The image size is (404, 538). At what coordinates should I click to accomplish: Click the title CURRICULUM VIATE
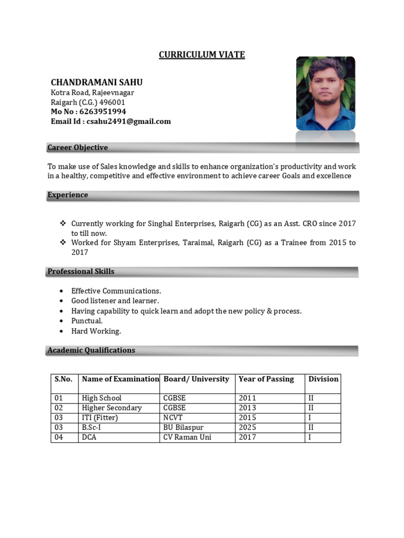pos(202,55)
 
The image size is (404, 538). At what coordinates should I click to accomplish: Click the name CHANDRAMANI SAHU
pos(96,82)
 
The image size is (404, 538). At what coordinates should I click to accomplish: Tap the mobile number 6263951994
pos(103,112)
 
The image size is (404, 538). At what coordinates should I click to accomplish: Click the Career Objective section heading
pos(77,148)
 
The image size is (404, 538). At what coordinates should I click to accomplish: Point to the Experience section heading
pos(68,195)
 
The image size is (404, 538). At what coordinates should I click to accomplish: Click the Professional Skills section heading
pos(80,272)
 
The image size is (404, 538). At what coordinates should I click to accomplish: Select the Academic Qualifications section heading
pos(91,350)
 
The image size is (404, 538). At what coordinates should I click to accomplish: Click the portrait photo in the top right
pos(325,93)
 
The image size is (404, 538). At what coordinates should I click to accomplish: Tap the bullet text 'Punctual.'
pos(87,321)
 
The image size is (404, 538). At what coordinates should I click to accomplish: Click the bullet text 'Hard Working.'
pos(96,332)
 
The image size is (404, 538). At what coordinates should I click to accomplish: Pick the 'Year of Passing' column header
pos(266,379)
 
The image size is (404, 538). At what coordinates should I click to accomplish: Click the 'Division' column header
pos(323,379)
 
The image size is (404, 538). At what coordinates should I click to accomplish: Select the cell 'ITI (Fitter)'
pos(100,418)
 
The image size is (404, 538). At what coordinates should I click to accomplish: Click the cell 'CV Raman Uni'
pos(187,437)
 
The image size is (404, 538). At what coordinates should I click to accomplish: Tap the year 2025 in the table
pos(247,428)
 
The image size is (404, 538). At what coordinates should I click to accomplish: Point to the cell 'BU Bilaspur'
pos(183,428)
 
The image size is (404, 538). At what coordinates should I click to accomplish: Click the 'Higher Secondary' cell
pos(112,408)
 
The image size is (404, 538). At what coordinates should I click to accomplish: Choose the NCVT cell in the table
pos(174,418)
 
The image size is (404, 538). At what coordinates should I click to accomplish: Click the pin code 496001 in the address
pos(112,102)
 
